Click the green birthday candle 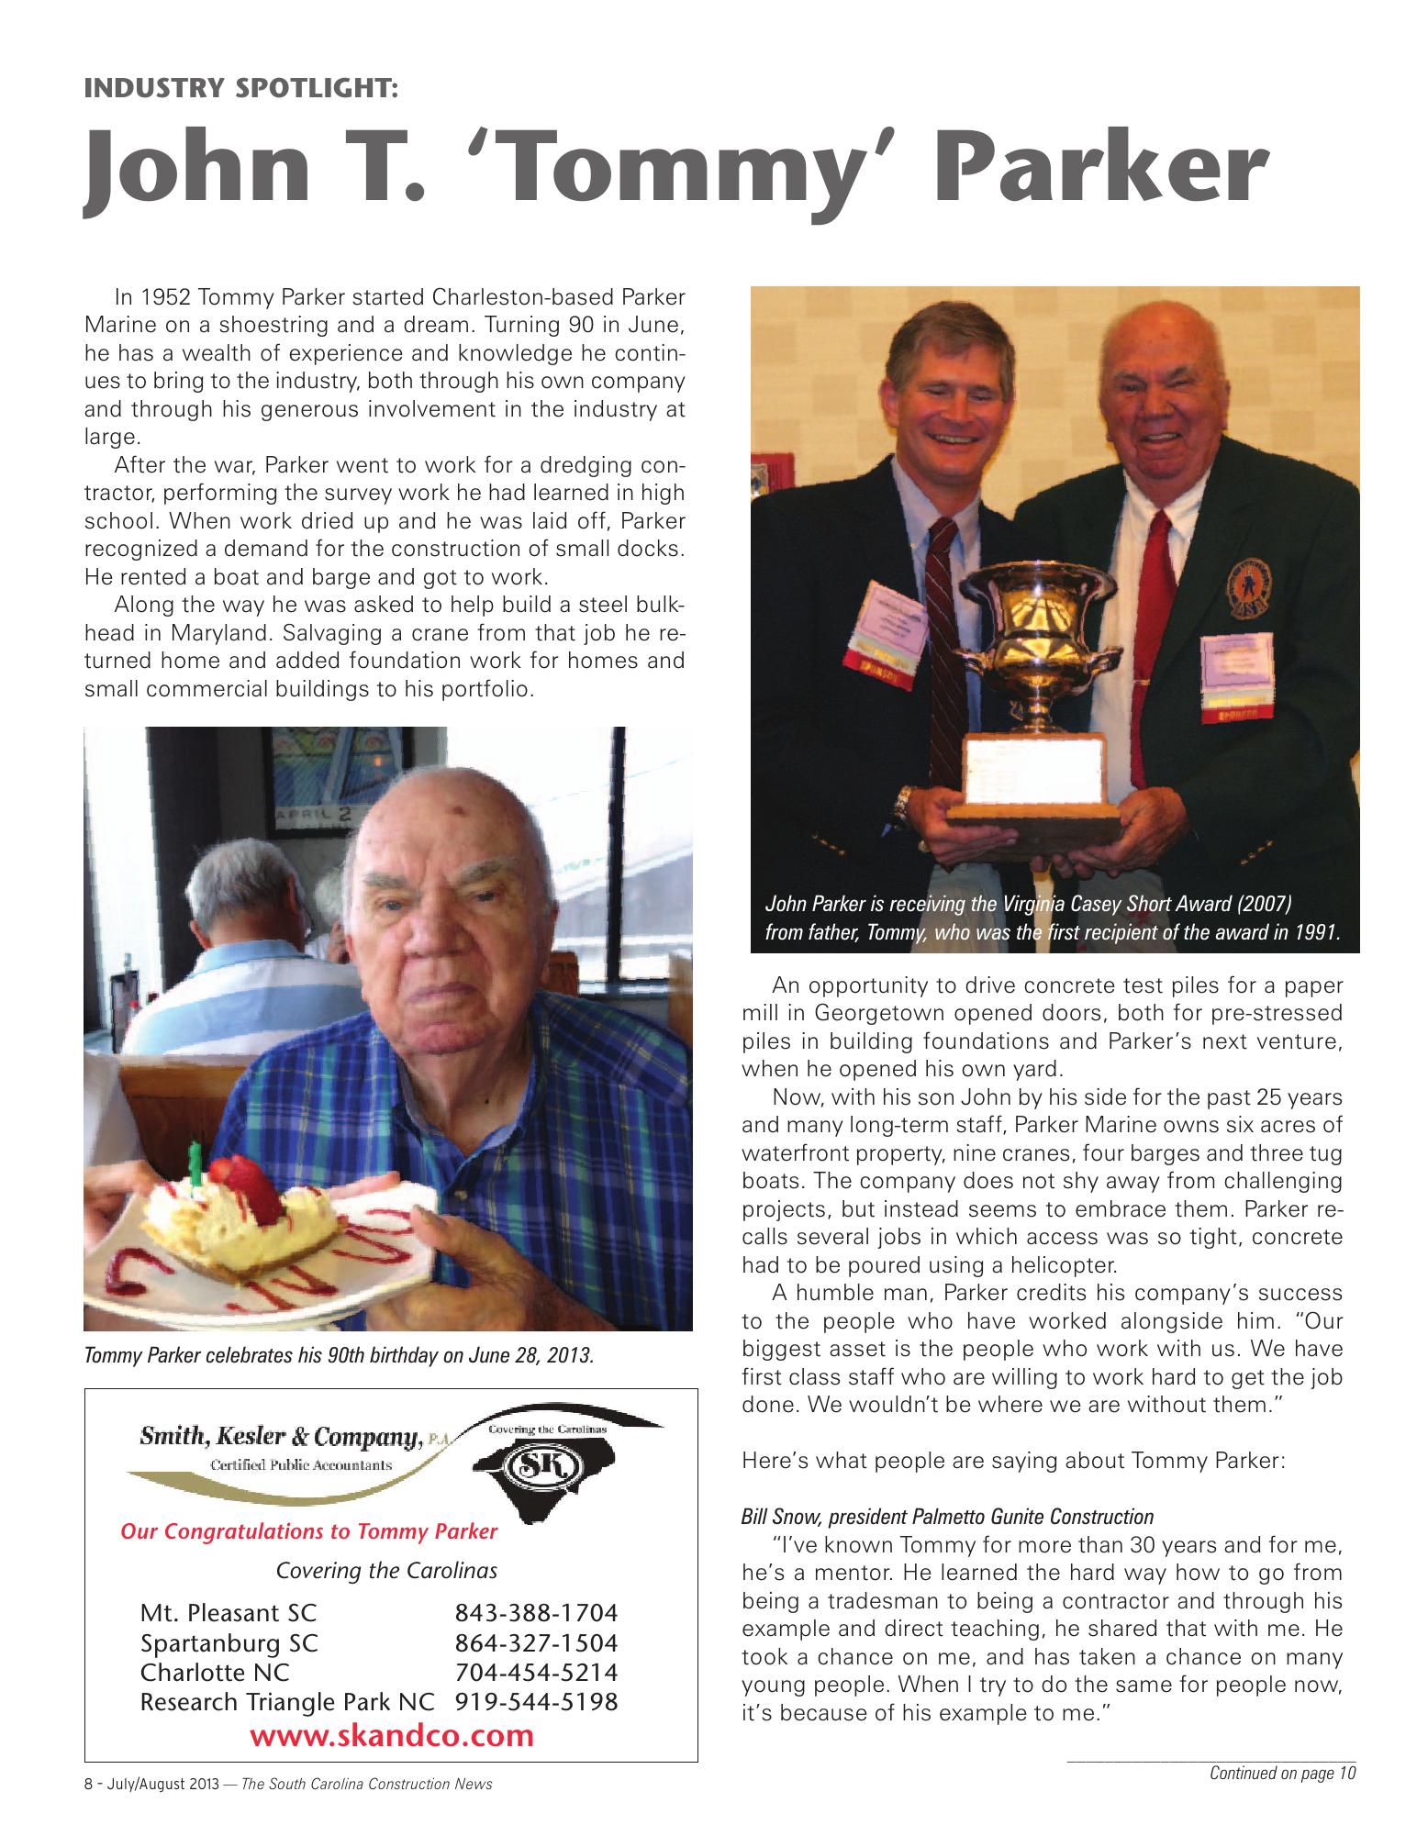(195, 1164)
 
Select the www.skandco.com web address (391, 1735)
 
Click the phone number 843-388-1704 (536, 1612)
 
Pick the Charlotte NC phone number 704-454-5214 (536, 1672)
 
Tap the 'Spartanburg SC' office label (229, 1642)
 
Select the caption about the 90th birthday (339, 1354)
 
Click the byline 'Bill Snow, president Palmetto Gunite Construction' (947, 1516)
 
